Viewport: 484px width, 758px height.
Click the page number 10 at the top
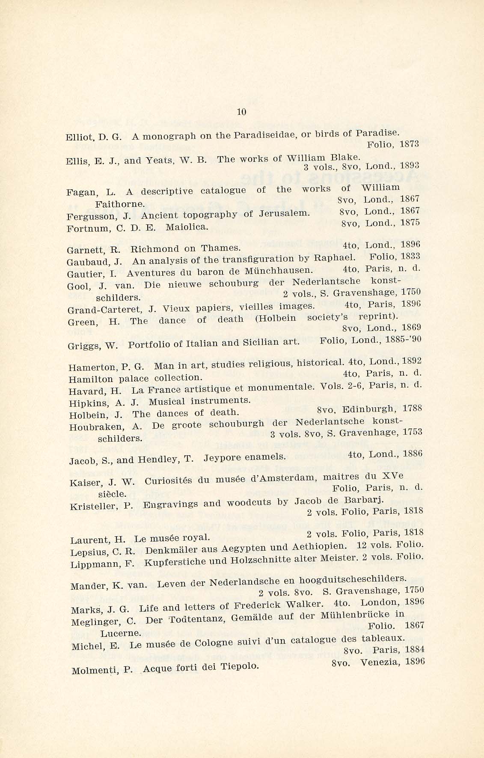[242, 112]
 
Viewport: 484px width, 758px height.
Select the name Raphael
[334, 258]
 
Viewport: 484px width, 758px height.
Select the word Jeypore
[222, 458]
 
